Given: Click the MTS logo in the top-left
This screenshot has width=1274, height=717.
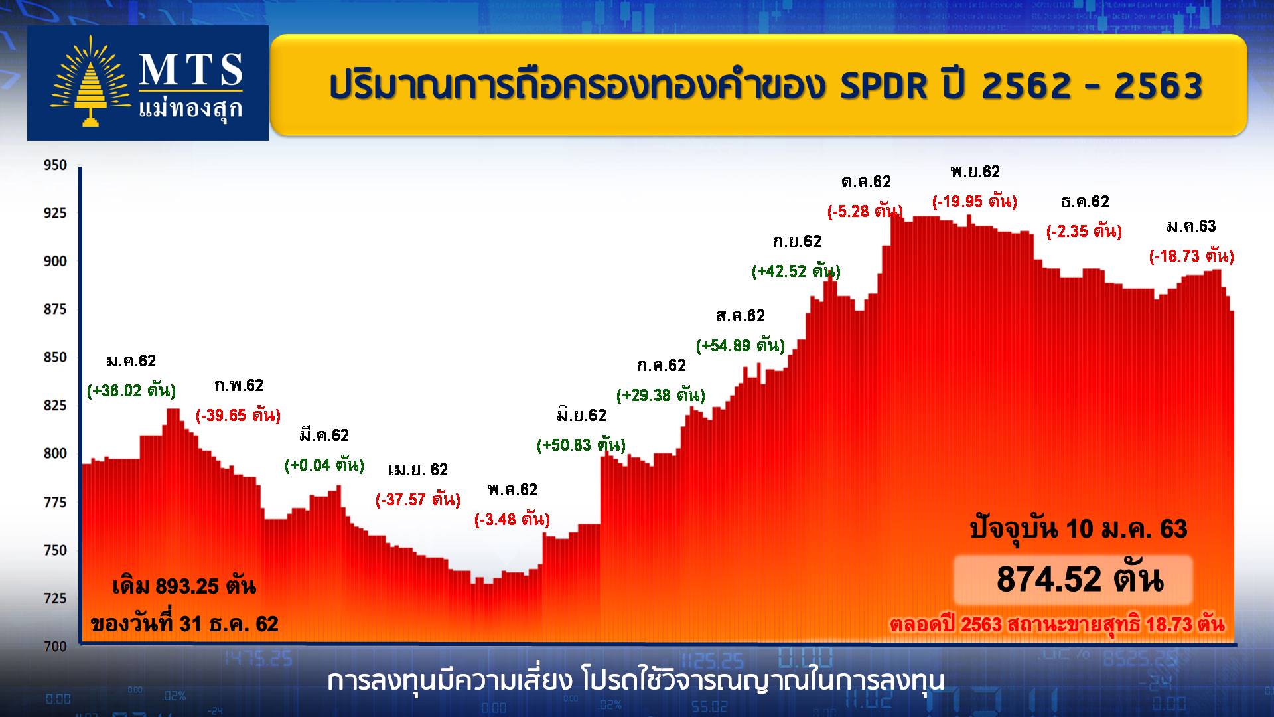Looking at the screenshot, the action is click(x=147, y=83).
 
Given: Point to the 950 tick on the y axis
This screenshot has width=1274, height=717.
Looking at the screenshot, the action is click(x=56, y=165).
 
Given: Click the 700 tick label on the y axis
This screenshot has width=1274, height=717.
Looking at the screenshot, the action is click(x=56, y=646).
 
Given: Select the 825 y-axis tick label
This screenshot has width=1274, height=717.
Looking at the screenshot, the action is click(x=56, y=405).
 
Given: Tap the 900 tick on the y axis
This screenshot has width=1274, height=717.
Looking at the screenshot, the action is click(x=56, y=261).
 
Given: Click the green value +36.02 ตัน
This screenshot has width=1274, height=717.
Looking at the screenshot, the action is click(x=131, y=390).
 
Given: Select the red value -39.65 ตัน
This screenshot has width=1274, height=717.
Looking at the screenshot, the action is click(x=238, y=416).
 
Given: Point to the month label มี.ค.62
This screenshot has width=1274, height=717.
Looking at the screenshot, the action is click(x=324, y=435).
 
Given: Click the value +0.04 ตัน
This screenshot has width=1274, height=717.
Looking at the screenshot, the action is click(x=324, y=465).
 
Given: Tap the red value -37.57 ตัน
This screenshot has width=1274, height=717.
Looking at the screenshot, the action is click(x=418, y=499).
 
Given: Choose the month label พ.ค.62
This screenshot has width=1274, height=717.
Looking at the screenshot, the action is click(x=512, y=490).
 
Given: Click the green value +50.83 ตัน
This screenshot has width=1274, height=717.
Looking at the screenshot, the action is click(x=581, y=445).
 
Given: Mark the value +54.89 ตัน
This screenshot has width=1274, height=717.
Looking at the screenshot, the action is click(x=741, y=345).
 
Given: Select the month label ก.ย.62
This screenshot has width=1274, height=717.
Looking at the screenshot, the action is click(x=797, y=242).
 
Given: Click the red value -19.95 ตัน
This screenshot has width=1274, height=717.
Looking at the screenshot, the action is click(x=975, y=201).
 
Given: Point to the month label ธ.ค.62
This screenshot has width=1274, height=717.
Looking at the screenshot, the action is click(x=1085, y=201).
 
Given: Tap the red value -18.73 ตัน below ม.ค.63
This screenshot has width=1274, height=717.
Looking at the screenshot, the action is click(x=1192, y=256).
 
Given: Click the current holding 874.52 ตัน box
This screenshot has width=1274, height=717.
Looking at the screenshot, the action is click(x=1074, y=580).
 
